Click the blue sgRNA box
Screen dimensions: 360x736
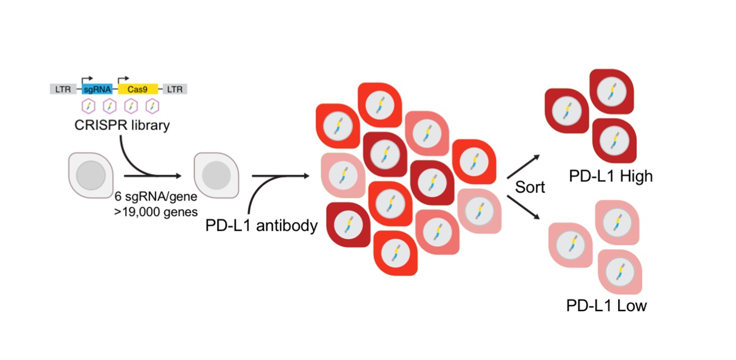click(x=97, y=89)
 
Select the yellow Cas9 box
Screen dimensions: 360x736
click(x=138, y=89)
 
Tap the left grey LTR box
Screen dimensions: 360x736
click(x=60, y=89)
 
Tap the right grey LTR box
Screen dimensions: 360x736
click(x=175, y=89)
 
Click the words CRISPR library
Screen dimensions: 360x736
click(x=122, y=125)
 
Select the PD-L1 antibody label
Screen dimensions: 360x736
click(x=262, y=226)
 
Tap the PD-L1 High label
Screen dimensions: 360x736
click(x=610, y=176)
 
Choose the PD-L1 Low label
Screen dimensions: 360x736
click(x=606, y=306)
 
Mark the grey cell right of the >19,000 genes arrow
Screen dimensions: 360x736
click(x=216, y=176)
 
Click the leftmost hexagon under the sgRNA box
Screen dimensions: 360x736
click(x=88, y=106)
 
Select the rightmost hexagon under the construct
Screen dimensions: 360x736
click(x=152, y=106)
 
